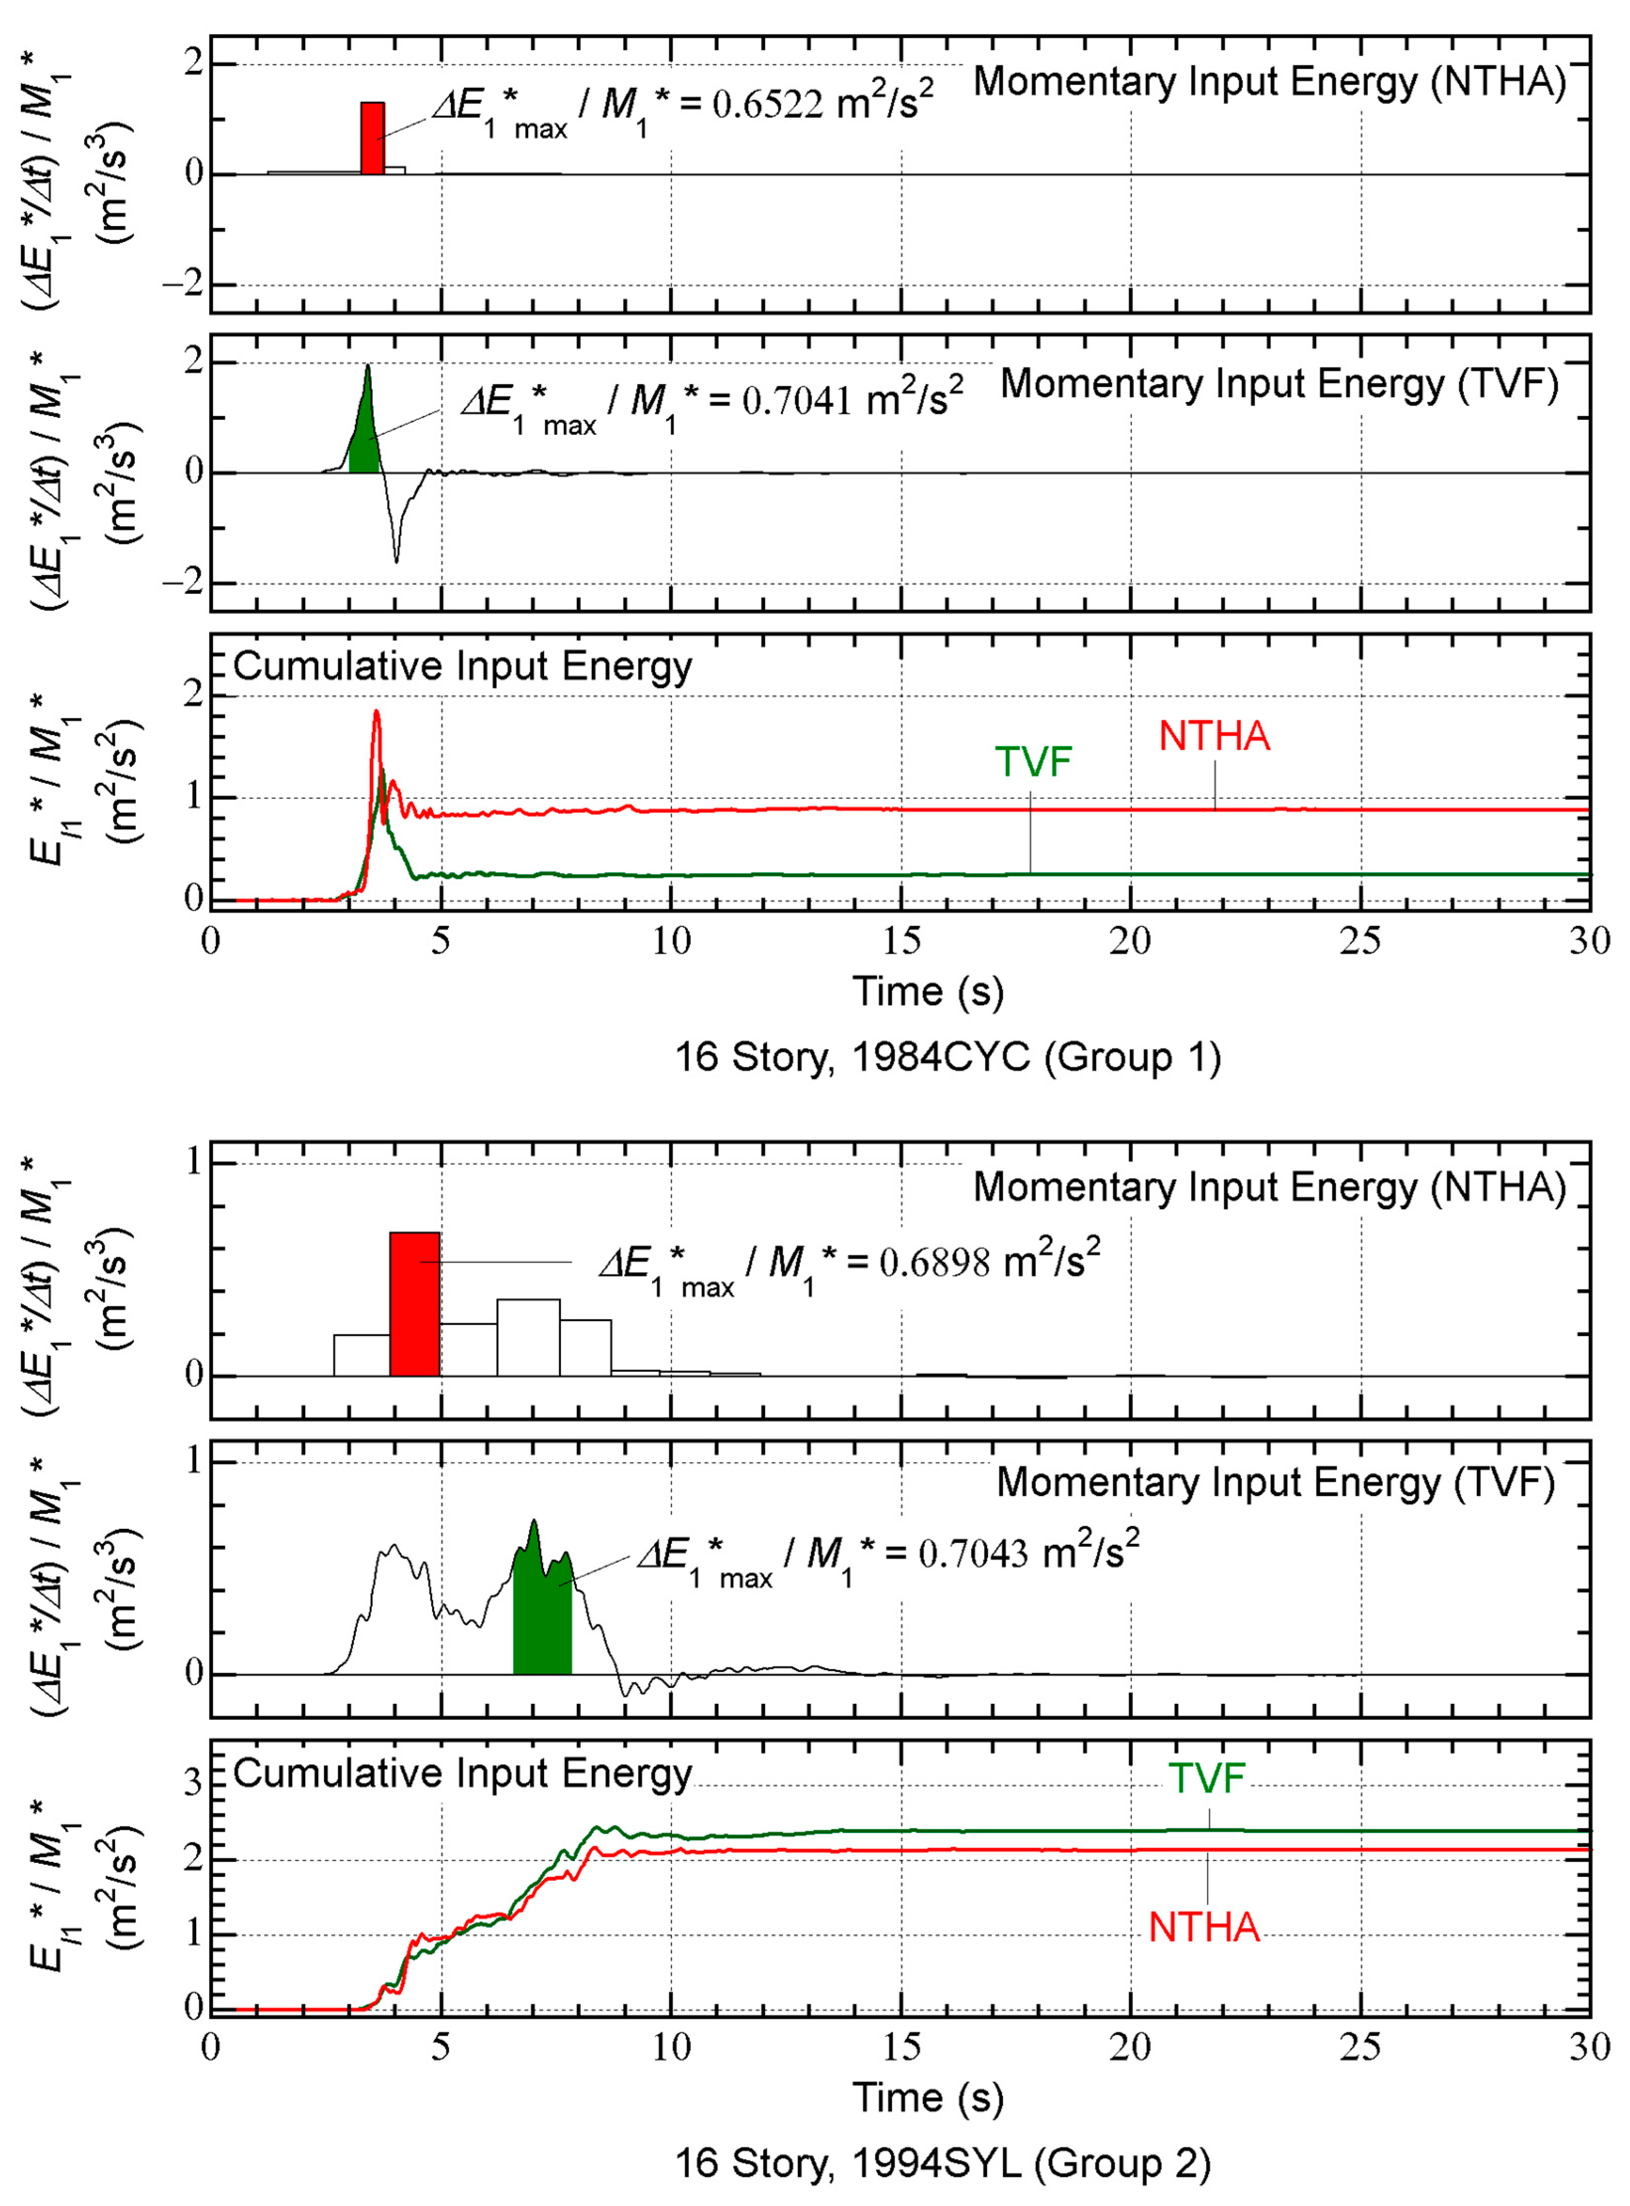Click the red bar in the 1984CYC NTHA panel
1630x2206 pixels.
(372, 138)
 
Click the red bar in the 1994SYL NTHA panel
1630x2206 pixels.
(414, 1303)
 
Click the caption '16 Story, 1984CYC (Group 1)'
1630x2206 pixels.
(947, 1057)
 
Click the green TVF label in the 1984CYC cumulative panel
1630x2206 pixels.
(1033, 762)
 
